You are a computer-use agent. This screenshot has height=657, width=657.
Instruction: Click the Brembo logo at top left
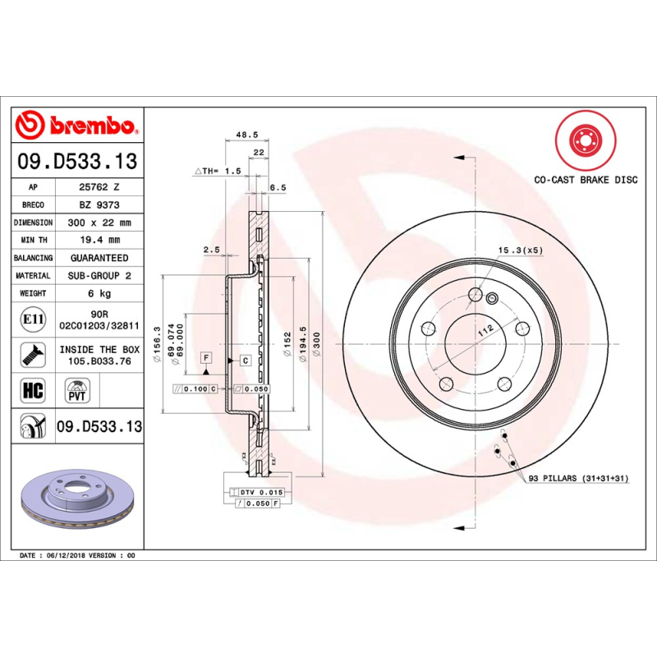point(76,126)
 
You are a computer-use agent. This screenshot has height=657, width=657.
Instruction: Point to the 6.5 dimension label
point(278,187)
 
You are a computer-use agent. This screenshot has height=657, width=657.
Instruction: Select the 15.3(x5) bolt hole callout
point(520,249)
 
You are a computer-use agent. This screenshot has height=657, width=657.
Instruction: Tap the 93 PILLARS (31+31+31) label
point(577,477)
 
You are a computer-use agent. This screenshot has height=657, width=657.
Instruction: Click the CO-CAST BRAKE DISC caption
point(586,179)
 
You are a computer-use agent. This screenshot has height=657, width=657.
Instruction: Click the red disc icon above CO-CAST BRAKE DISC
point(586,139)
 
